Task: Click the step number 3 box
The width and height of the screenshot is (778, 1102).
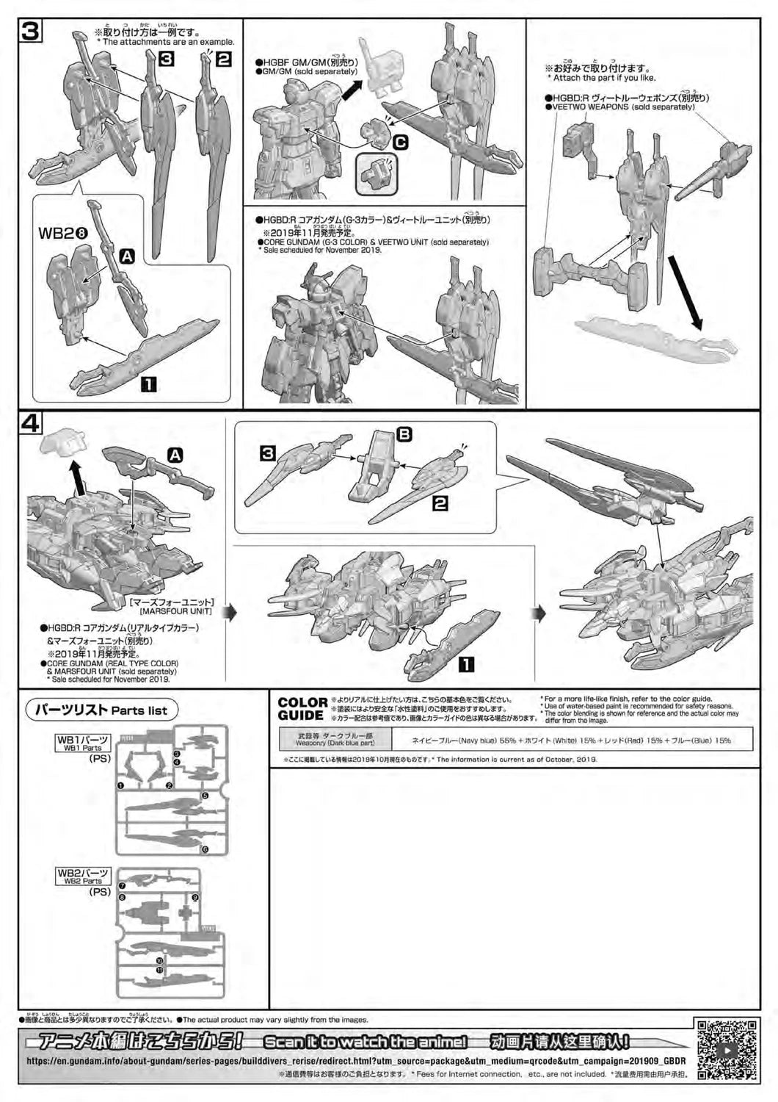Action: coord(32,32)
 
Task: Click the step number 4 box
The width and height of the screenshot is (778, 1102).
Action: coord(32,424)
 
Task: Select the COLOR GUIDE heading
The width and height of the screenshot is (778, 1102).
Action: coord(302,709)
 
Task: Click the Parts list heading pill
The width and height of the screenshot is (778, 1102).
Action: coord(102,710)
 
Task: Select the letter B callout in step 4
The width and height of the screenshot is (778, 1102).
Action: coord(404,434)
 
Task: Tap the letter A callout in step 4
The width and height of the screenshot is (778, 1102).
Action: coord(175,455)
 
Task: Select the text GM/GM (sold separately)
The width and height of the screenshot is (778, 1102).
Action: coord(307,71)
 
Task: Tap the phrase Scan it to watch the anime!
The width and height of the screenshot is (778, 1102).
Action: coord(365,1042)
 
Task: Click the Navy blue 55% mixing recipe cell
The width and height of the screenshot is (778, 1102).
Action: coord(571,740)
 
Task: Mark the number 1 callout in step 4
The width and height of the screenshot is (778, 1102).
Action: coord(465,665)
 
